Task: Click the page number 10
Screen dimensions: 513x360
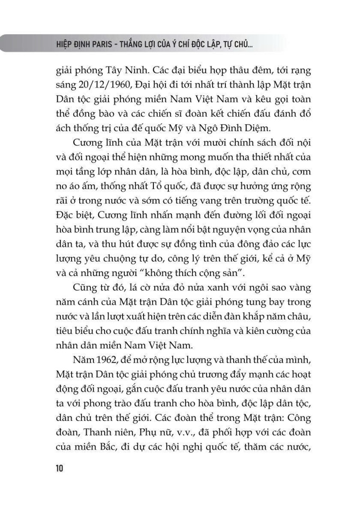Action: click(x=59, y=468)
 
